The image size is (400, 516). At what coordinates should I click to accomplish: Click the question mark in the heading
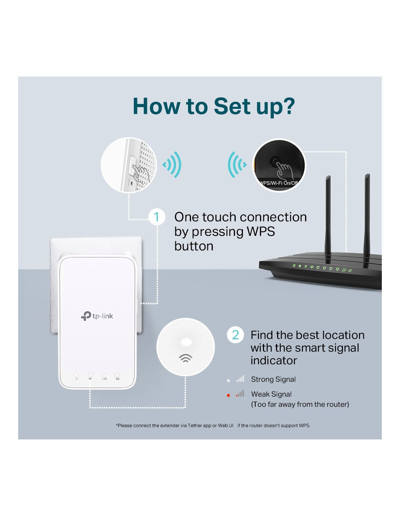point(289,106)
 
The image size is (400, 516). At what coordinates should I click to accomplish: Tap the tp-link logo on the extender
point(97,316)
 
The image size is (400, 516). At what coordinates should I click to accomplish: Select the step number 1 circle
point(157,217)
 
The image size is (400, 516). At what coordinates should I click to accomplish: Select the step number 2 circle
point(235,335)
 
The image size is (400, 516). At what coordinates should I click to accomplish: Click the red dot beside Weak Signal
point(228,396)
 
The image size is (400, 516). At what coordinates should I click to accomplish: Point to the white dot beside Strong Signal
point(228,380)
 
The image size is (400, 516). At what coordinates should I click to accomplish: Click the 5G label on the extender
point(117,379)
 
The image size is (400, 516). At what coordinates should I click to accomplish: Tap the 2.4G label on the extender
point(104,379)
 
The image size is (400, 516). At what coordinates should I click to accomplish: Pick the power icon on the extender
point(76,379)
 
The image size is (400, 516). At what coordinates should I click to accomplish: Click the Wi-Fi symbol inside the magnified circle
point(185,358)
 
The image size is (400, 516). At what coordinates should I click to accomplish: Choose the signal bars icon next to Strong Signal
point(240,379)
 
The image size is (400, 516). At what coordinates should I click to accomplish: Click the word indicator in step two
point(274,360)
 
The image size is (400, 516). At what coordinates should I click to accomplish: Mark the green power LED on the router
point(294,266)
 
